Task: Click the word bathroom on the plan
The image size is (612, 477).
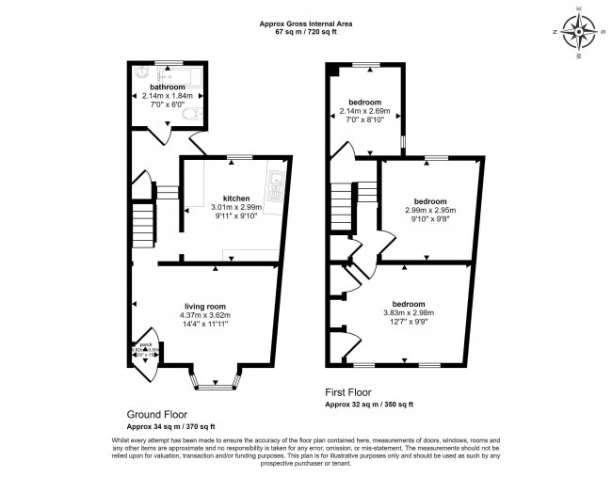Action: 161,87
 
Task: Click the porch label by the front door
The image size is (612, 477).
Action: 146,345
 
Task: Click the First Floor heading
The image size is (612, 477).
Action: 349,392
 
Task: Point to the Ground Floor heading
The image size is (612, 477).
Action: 156,413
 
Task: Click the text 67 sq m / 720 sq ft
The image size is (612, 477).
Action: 299,32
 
